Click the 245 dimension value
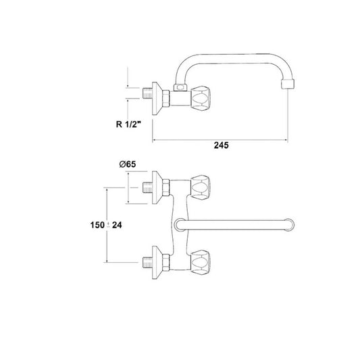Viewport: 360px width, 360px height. [x=221, y=145]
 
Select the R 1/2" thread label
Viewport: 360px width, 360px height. [x=128, y=124]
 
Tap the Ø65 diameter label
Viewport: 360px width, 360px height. [x=128, y=164]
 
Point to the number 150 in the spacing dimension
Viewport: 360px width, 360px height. [x=97, y=225]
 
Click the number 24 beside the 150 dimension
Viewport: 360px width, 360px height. [x=117, y=225]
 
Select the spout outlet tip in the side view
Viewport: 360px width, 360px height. [x=288, y=84]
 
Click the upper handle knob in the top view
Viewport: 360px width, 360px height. [x=201, y=187]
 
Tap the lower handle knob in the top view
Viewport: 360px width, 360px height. [x=201, y=262]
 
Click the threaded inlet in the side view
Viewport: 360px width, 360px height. [x=147, y=93]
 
